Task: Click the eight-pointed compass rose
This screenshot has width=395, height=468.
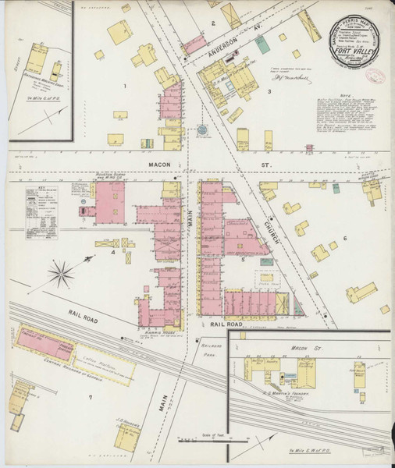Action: (61, 273)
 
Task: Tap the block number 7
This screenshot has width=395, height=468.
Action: (91, 397)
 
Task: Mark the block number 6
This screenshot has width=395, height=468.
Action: (344, 238)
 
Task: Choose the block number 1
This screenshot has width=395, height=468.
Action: (123, 84)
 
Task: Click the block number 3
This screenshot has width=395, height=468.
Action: (269, 92)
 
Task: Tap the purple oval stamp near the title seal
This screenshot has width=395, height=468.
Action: (377, 78)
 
